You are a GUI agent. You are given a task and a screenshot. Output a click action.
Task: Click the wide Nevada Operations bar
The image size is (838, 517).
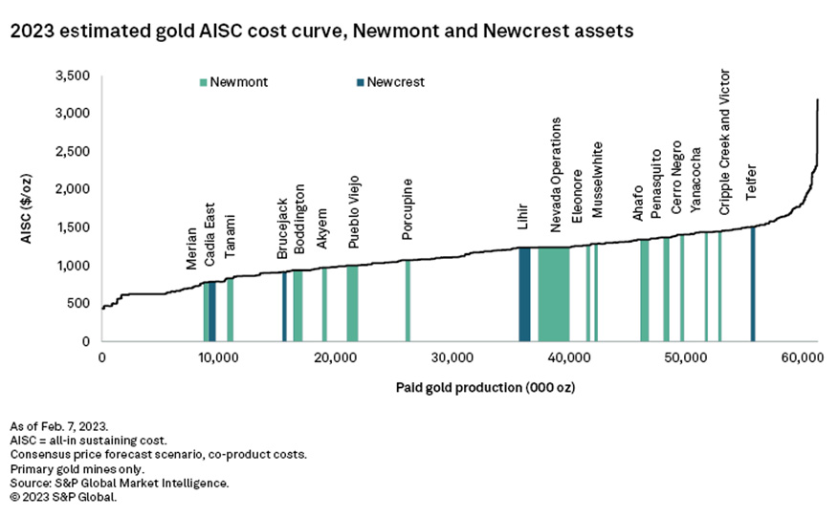[x=553, y=293]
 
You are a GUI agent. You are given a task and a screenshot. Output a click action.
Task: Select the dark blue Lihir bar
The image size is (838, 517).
[x=524, y=293]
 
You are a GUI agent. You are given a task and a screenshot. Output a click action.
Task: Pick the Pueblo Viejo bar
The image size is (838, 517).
[x=352, y=303]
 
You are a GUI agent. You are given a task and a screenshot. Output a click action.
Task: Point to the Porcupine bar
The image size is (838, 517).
[x=408, y=300]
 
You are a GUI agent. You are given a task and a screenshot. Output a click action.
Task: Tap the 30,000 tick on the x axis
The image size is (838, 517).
[x=451, y=356]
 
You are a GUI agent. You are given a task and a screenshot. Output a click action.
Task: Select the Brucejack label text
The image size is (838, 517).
[x=282, y=228]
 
